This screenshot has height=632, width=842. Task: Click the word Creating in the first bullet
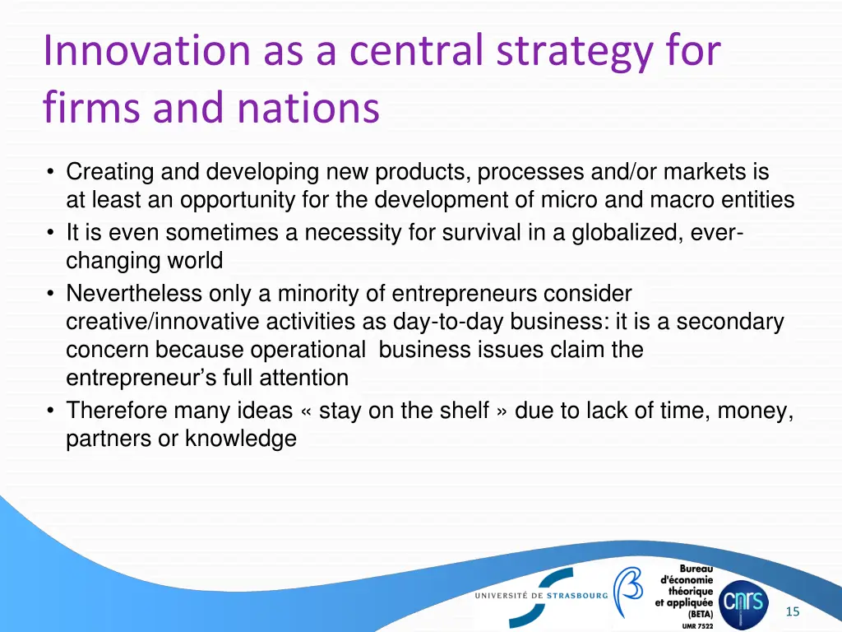point(110,172)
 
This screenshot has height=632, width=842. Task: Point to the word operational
point(308,350)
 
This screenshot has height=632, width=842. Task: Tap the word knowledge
point(240,439)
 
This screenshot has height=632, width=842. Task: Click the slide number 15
point(793,611)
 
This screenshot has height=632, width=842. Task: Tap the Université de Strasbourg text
point(541,595)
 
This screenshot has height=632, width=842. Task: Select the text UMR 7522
point(698,625)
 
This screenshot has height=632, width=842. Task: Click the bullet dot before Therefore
point(52,410)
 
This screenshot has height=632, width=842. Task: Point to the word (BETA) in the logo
point(700,613)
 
